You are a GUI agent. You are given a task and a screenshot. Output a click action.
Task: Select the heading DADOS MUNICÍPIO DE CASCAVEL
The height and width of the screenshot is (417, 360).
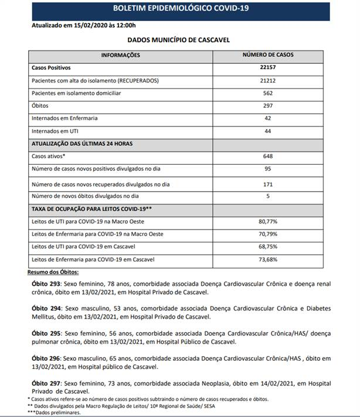pyautogui.click(x=178, y=40)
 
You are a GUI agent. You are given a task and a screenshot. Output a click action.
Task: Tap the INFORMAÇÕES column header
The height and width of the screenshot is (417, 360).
pyautogui.click(x=121, y=54)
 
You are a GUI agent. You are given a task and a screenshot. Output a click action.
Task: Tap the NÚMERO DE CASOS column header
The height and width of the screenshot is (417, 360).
pyautogui.click(x=268, y=54)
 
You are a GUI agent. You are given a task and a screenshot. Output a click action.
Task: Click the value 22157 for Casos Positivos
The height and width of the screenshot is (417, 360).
pyautogui.click(x=268, y=67)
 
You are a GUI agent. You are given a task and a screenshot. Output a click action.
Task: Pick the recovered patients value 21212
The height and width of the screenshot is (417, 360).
pyautogui.click(x=268, y=80)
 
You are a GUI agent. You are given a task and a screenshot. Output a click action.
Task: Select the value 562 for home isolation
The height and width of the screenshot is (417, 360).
pyautogui.click(x=268, y=93)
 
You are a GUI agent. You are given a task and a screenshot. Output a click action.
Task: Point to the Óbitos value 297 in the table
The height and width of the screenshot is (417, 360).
pyautogui.click(x=268, y=105)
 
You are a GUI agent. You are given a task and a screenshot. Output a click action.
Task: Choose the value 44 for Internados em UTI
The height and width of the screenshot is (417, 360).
pyautogui.click(x=268, y=131)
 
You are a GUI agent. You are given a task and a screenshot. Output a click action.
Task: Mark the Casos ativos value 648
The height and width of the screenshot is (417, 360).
pyautogui.click(x=268, y=156)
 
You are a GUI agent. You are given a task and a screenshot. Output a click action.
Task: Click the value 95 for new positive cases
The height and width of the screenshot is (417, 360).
pyautogui.click(x=268, y=169)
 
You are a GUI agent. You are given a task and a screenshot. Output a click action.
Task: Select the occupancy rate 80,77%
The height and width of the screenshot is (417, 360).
pyautogui.click(x=268, y=222)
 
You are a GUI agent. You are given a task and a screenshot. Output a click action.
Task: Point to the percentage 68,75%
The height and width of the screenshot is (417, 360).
pyautogui.click(x=268, y=247)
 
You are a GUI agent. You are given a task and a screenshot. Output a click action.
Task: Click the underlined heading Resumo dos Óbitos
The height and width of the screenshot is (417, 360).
pyautogui.click(x=53, y=272)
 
